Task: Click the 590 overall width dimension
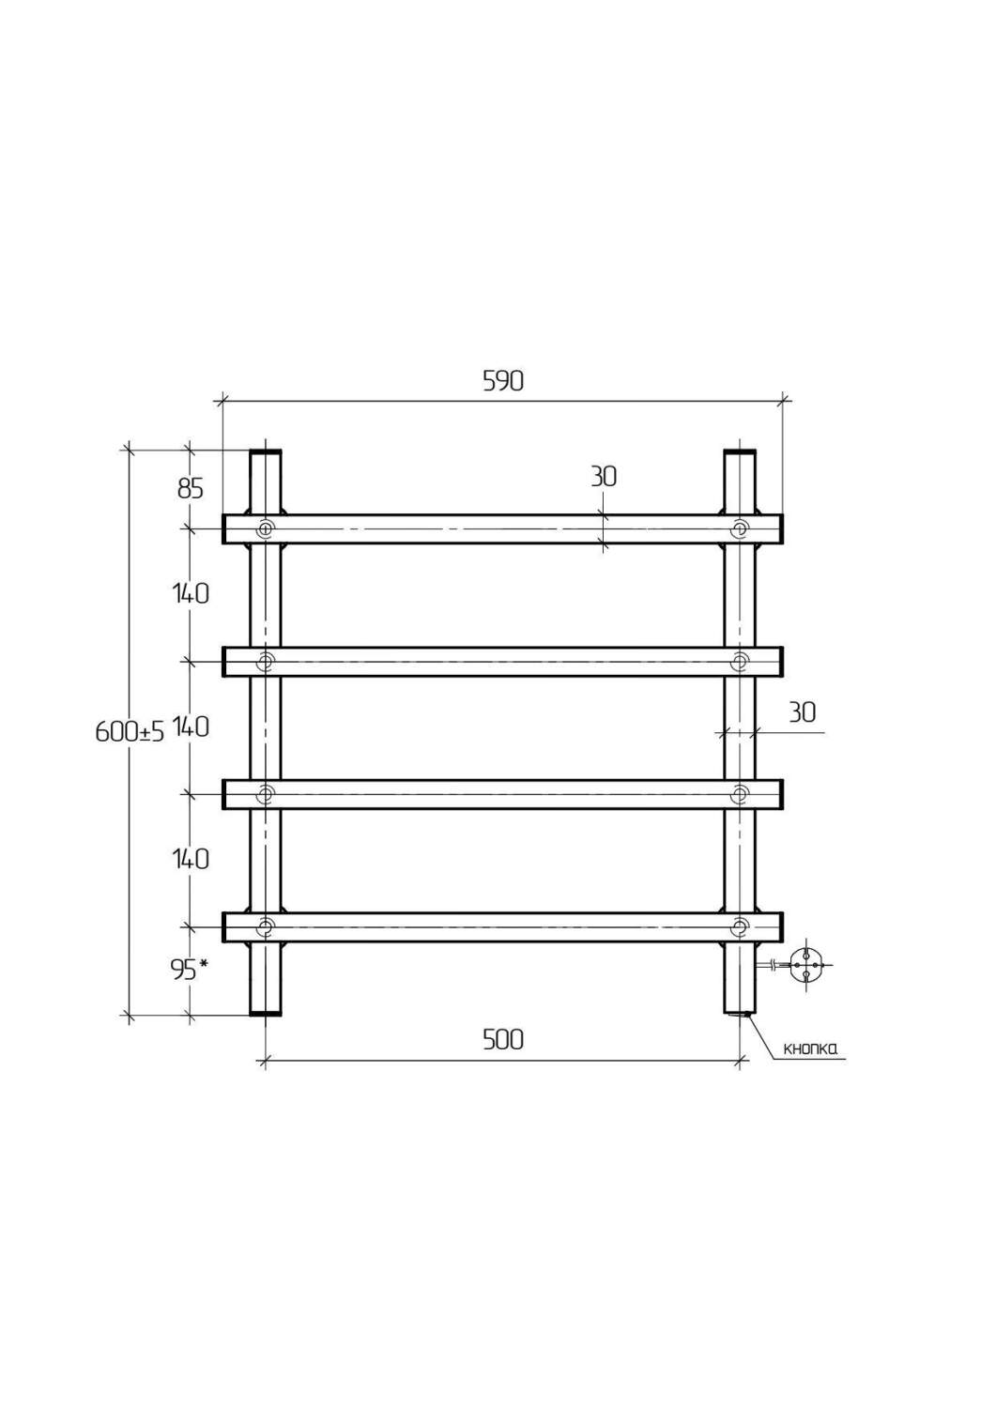point(503,381)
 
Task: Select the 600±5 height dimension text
point(130,731)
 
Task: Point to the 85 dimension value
point(191,488)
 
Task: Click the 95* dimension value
point(190,970)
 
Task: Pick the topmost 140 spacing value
point(191,592)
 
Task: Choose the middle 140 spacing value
point(191,727)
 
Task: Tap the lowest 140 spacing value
point(191,859)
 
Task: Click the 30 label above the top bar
point(604,477)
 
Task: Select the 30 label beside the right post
point(802,712)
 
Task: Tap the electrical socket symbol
point(805,965)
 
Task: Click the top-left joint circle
point(266,529)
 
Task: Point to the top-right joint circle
point(740,529)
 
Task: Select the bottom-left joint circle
point(266,926)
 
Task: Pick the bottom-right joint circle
point(740,926)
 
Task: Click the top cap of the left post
point(266,452)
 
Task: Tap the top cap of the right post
point(740,452)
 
